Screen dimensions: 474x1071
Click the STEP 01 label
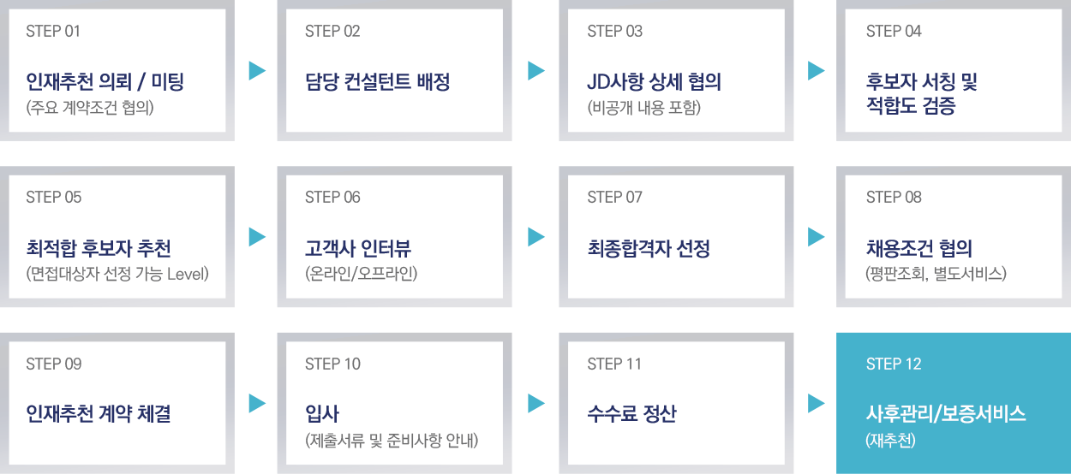tap(53, 32)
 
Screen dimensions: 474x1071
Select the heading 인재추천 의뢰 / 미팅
tap(105, 82)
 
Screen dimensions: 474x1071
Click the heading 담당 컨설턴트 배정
tap(377, 82)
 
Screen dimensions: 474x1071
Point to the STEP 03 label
tap(614, 32)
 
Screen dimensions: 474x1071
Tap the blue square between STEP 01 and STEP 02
tap(257, 71)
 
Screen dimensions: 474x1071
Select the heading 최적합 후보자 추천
tap(98, 249)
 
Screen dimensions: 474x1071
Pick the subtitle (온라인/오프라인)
tap(361, 275)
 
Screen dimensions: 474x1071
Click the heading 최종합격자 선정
tap(649, 249)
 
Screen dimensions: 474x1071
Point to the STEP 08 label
tap(894, 198)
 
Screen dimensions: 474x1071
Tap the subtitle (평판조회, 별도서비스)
tap(936, 275)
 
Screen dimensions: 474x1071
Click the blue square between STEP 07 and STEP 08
tap(817, 237)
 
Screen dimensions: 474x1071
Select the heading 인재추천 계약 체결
tap(98, 414)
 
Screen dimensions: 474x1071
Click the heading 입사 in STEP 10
tap(322, 414)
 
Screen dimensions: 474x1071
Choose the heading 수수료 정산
tap(631, 414)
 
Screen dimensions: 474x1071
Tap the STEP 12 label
tap(894, 364)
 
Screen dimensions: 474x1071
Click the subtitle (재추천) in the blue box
tap(891, 441)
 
